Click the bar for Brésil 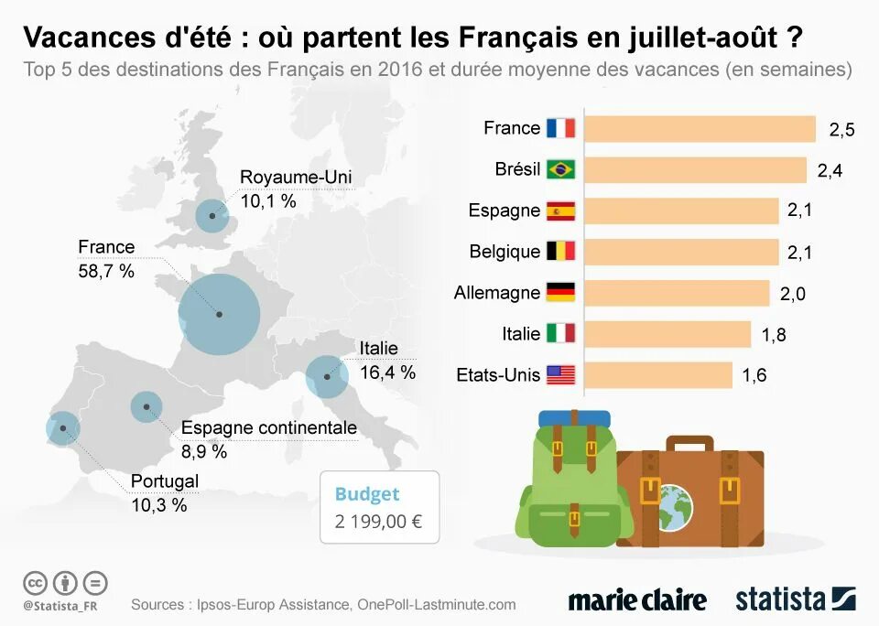[x=694, y=170]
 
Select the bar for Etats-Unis [x=657, y=375]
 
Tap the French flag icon [x=560, y=128]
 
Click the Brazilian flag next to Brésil [x=560, y=170]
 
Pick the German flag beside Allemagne [x=560, y=293]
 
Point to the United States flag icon [x=560, y=375]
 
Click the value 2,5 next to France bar [x=841, y=130]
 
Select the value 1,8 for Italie [x=774, y=336]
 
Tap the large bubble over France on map [x=220, y=314]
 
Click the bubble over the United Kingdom [x=212, y=217]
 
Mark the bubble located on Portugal [x=62, y=427]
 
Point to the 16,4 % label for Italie [x=387, y=372]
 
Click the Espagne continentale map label [x=268, y=428]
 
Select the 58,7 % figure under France [x=106, y=271]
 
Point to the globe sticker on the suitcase [x=676, y=502]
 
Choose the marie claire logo [x=637, y=600]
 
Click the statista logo [x=795, y=600]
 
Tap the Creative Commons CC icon [x=35, y=582]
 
